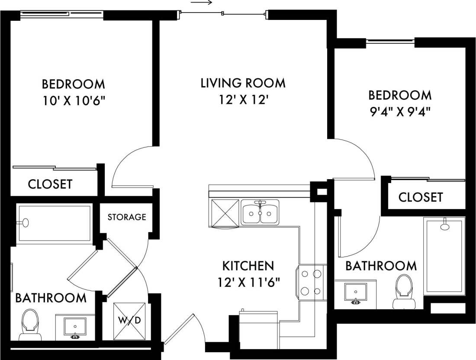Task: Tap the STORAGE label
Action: point(126,217)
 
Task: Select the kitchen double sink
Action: point(260,212)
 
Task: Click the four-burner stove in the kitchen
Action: point(311,282)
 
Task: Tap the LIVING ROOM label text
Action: point(243,83)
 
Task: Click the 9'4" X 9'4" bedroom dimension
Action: point(400,112)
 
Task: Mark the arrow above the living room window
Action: point(201,3)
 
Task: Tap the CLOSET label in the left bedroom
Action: point(50,184)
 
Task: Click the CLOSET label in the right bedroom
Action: point(420,197)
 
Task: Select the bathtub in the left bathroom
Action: point(54,223)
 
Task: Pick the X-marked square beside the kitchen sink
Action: point(224,213)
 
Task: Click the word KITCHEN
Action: point(248,265)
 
